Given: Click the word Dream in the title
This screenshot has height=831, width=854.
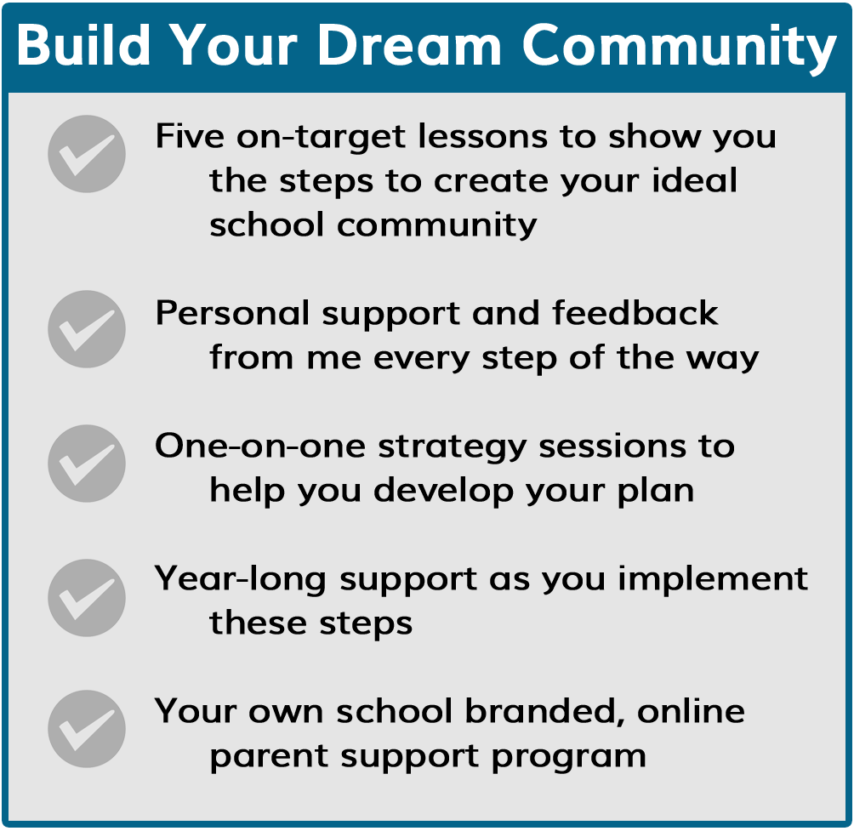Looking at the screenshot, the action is (x=409, y=45).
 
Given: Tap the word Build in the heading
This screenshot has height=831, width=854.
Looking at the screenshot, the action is (x=83, y=45).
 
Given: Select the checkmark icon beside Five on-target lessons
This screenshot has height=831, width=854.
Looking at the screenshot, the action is (x=87, y=154).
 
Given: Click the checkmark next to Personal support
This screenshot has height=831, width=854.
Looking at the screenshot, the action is (x=87, y=329).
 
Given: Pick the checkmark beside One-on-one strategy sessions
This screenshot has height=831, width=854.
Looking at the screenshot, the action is (x=87, y=464).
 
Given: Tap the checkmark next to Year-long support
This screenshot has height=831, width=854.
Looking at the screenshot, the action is (x=87, y=598).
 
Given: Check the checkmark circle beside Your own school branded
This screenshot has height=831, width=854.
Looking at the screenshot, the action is (x=87, y=729).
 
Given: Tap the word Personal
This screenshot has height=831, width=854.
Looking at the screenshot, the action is (x=232, y=313).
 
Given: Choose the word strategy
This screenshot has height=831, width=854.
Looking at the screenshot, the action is (x=452, y=447).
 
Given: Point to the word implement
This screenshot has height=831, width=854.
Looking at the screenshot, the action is (x=713, y=579).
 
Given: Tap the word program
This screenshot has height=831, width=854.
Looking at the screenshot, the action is (x=568, y=757).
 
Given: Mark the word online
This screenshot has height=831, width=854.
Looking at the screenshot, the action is (x=691, y=711).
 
